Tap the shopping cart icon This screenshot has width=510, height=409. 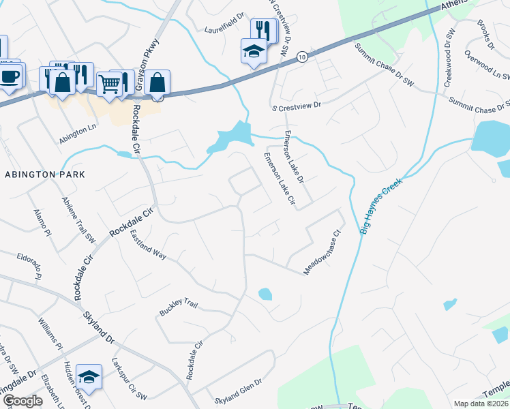click(x=109, y=83)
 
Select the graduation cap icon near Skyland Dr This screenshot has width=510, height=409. click(x=88, y=376)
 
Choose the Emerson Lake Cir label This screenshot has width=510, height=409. click(x=279, y=181)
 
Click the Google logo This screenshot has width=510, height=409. click(x=22, y=401)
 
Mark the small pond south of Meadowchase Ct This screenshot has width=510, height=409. click(x=265, y=294)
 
